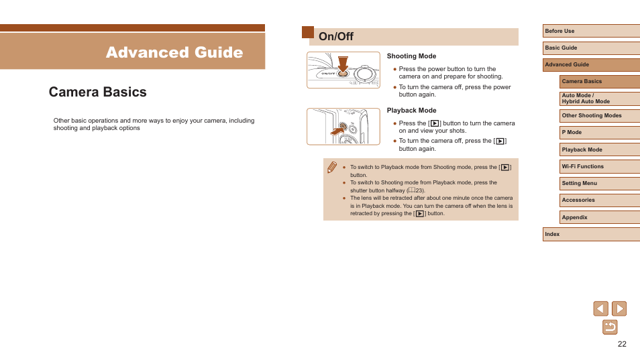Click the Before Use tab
(x=591, y=31)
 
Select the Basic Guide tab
(x=591, y=48)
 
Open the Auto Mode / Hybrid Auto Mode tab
(x=600, y=99)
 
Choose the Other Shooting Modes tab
(x=600, y=116)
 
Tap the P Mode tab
(x=600, y=133)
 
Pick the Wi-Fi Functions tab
(x=600, y=166)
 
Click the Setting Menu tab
(x=600, y=184)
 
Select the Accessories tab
(x=600, y=200)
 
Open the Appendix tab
(x=600, y=217)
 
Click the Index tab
(x=591, y=235)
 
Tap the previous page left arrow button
(x=600, y=308)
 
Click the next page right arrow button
(x=619, y=308)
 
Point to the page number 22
(x=622, y=344)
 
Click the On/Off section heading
(x=336, y=37)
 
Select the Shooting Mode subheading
(x=411, y=56)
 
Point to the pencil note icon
(x=332, y=167)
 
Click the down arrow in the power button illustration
(x=343, y=64)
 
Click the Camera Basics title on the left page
(x=97, y=92)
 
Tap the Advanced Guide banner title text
(x=174, y=52)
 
